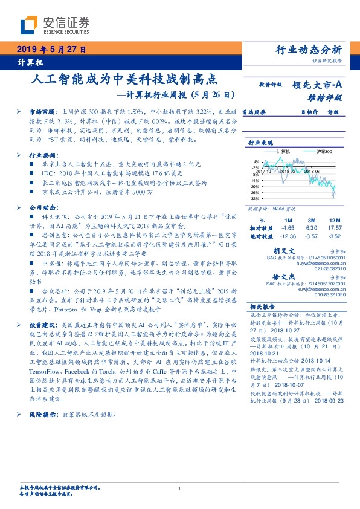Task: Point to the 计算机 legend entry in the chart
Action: pyautogui.click(x=283, y=151)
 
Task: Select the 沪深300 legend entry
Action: pyautogui.click(x=324, y=151)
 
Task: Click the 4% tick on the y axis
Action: pyautogui.click(x=256, y=162)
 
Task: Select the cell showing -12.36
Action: pyautogui.click(x=288, y=236)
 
